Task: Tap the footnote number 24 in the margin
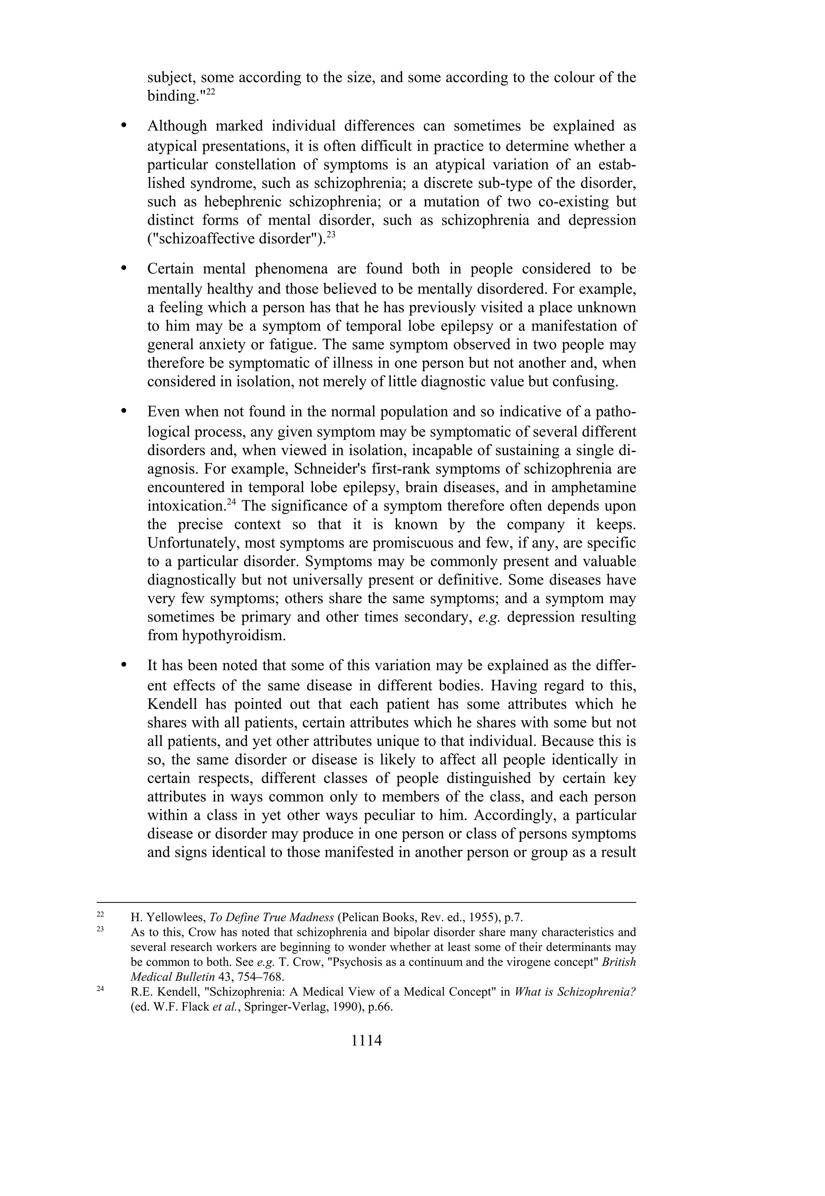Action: pyautogui.click(x=100, y=989)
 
